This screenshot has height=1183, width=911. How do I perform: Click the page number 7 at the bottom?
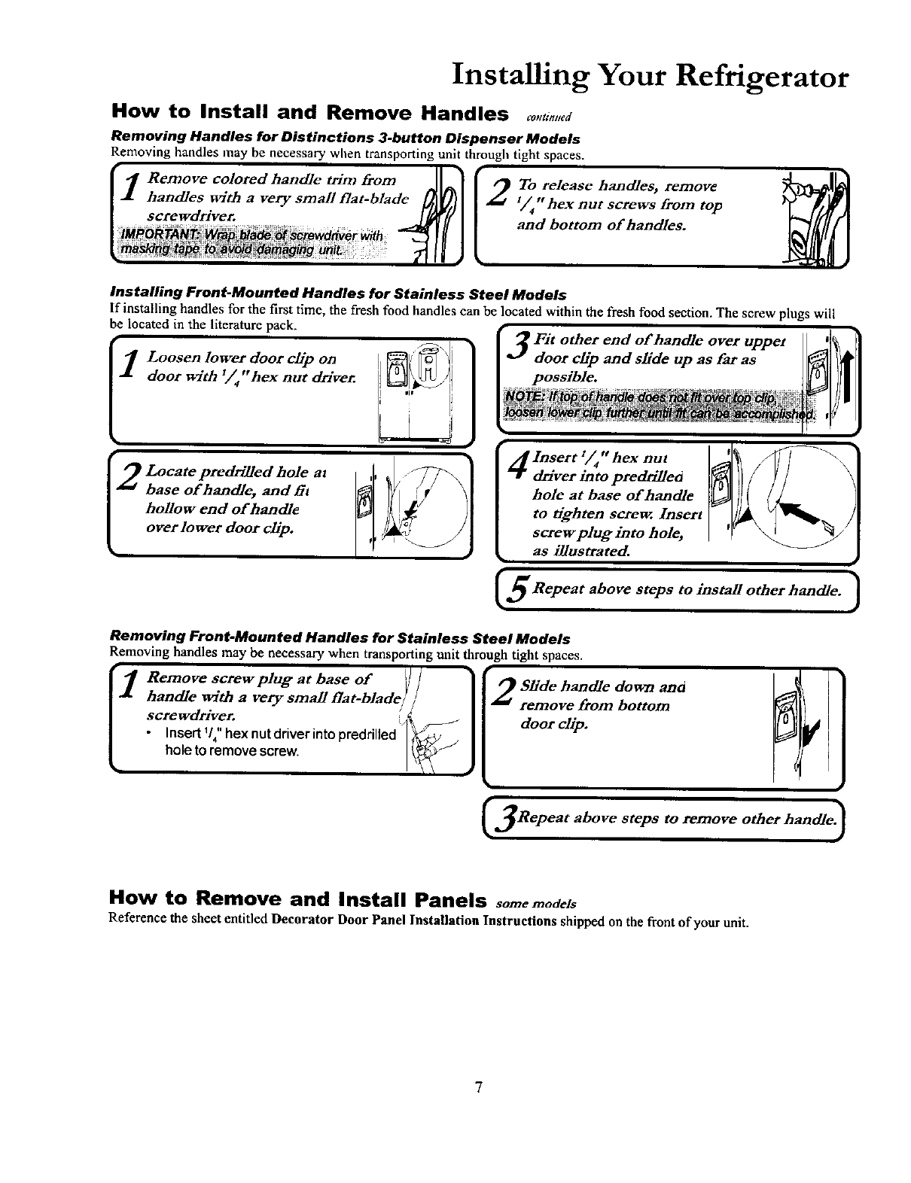[x=477, y=1087]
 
